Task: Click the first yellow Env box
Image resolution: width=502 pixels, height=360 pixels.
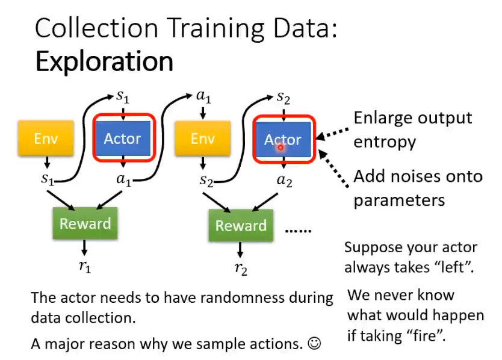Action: coord(46,139)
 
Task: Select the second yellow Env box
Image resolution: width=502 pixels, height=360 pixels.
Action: coord(202,139)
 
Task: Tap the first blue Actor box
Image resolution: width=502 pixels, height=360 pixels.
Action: coord(123,138)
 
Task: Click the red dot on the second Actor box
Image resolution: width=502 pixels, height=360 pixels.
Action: coord(280,146)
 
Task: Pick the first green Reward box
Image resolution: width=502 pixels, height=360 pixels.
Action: coord(85,223)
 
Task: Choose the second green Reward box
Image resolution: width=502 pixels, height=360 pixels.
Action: coord(241,226)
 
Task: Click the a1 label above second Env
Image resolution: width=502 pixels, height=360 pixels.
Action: coord(203,96)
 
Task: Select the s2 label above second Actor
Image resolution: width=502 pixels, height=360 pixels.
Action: coord(283,97)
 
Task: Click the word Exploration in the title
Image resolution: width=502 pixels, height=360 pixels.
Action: coord(104,61)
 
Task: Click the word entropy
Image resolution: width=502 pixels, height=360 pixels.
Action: coord(385,142)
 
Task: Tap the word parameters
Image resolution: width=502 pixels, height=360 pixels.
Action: coord(399,199)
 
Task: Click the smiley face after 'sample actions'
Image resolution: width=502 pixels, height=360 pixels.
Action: coord(314,344)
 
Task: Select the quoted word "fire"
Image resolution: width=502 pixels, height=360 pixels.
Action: coord(425,335)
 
